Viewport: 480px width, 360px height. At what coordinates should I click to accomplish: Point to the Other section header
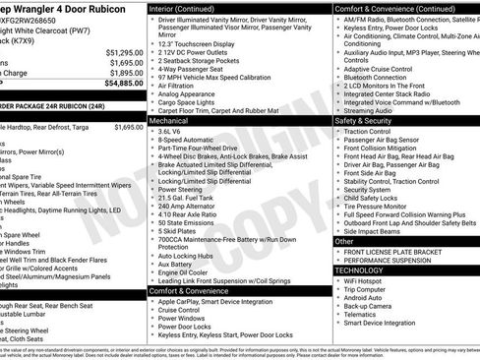point(344,241)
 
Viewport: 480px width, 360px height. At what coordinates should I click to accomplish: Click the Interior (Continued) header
point(189,6)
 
